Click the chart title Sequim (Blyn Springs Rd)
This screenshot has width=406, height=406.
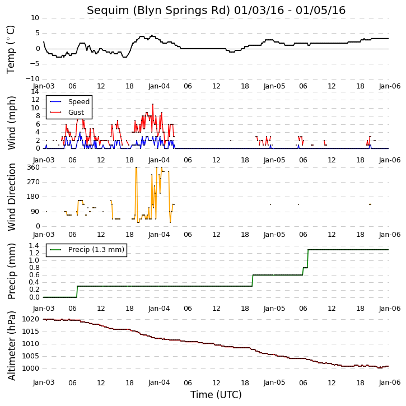point(158,11)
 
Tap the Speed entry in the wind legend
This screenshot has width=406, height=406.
point(79,102)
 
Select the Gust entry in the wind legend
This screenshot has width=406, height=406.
point(76,113)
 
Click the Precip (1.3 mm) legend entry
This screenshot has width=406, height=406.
point(96,250)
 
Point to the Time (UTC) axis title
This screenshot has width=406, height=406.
point(216,395)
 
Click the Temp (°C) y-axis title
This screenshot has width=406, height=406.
point(11,49)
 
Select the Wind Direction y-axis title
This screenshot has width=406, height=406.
point(11,197)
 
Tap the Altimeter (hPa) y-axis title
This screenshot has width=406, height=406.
point(11,346)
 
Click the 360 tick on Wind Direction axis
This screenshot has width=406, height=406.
point(34,167)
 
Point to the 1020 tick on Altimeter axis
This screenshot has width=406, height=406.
point(31,319)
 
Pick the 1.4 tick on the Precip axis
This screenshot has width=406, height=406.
point(34,246)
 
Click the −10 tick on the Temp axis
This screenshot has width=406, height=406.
point(32,79)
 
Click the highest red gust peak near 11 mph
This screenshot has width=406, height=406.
point(153,104)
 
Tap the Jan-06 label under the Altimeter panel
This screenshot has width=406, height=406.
point(390,382)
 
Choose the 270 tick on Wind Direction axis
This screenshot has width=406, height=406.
point(34,182)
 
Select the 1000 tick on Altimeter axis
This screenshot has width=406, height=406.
point(31,368)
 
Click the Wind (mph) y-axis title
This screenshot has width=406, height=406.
point(11,123)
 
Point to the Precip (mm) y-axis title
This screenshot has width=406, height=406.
point(11,272)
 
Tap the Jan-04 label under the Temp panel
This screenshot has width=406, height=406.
point(159,86)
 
